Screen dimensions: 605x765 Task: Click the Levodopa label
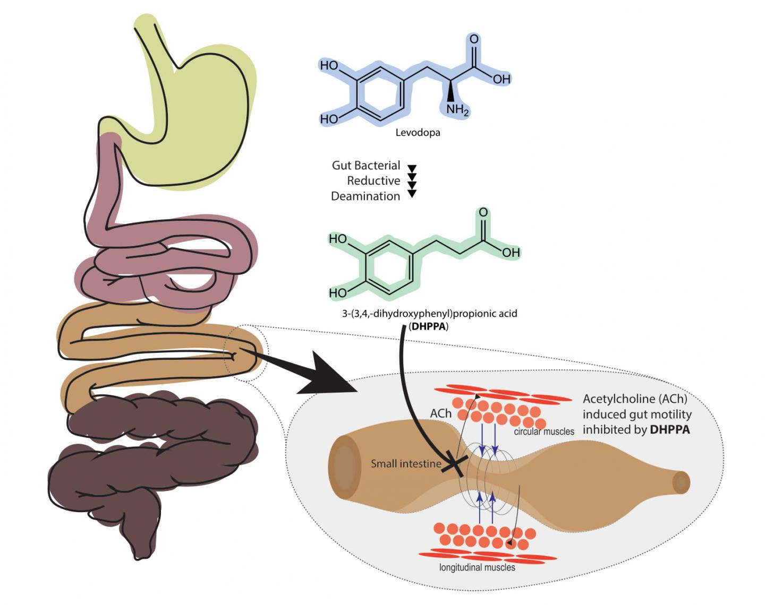418,133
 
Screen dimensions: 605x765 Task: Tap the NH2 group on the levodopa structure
457,110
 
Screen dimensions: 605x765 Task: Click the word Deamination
365,196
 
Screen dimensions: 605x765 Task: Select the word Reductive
373,181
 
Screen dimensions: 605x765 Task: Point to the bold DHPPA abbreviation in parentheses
428,326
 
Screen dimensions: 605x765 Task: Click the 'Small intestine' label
406,464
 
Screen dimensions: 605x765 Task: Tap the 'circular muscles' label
544,431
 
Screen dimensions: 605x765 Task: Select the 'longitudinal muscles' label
477,567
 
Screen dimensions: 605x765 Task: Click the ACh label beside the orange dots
441,413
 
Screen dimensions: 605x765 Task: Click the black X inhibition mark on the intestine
456,464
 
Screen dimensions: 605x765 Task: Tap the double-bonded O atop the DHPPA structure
483,212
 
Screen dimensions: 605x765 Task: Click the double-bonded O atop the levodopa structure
474,39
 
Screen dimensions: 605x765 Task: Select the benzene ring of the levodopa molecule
378,93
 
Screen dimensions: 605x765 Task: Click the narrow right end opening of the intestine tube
681,482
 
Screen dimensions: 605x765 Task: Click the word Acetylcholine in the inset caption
618,399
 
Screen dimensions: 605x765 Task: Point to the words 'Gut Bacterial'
366,166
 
